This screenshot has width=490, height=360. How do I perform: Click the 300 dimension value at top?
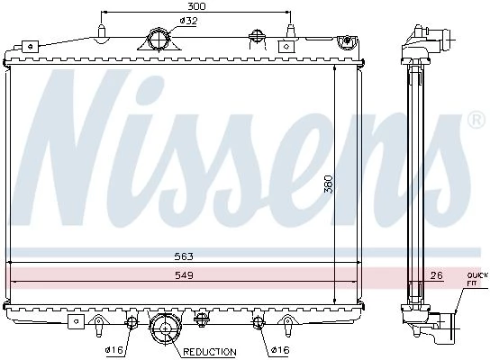(x=196, y=6)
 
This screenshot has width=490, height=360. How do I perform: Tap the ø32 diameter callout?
(x=189, y=21)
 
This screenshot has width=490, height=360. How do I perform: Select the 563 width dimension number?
(x=184, y=256)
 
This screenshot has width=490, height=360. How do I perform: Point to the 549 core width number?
(x=184, y=275)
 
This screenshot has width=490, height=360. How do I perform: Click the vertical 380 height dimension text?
(x=329, y=184)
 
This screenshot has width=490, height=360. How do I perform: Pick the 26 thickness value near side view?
(x=436, y=275)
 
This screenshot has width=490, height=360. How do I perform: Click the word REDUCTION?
(x=209, y=352)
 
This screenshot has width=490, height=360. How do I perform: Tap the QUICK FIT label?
(x=477, y=279)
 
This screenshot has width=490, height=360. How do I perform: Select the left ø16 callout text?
(x=113, y=350)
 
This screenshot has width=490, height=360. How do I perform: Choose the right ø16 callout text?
(x=281, y=350)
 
